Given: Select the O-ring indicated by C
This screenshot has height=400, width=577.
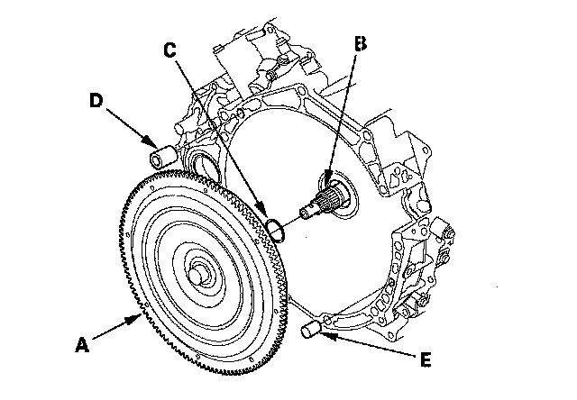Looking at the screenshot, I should click(278, 229).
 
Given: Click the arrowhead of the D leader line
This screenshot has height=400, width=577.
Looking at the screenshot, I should click(154, 147).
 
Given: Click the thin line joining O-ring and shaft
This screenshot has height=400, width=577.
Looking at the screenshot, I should click(291, 220).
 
